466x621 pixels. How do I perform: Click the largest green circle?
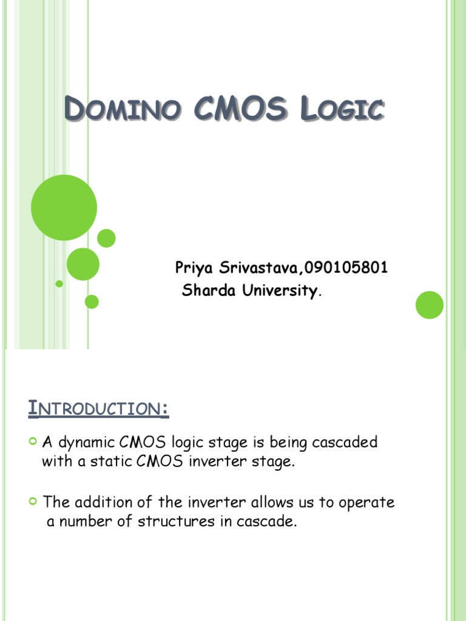[64, 207]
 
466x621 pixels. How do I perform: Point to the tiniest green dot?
[59, 283]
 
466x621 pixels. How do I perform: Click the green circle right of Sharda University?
[430, 304]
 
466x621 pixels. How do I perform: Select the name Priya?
[194, 267]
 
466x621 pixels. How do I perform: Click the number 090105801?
[346, 267]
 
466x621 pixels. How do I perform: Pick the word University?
[279, 291]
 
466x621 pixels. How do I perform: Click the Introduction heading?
[99, 409]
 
